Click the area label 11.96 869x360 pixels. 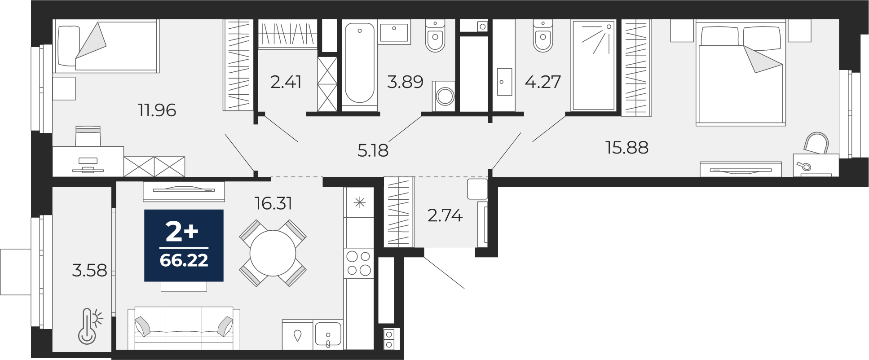coord(157,110)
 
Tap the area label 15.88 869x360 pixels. coord(627,147)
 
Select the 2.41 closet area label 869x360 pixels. coord(286,82)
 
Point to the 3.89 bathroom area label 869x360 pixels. coord(405,82)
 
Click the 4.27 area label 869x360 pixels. coord(543,82)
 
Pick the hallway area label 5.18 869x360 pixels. coord(373,150)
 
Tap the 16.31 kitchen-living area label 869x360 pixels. coord(273,203)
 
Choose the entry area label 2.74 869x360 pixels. coord(445,216)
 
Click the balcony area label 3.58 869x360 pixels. coord(89,271)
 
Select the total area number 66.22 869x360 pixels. coord(184,260)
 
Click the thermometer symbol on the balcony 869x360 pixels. coord(90,326)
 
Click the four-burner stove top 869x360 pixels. coord(359,263)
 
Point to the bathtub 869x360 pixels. coord(359,63)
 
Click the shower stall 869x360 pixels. coord(593,65)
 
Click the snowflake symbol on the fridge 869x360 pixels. coord(359,203)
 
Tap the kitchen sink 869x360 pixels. coord(328,335)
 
